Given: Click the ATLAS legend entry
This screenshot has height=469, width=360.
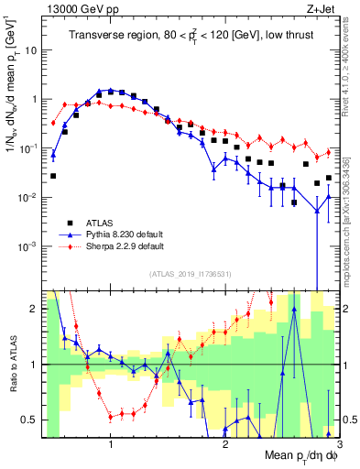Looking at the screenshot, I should (100, 223).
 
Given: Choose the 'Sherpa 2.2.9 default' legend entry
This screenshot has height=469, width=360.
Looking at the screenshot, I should (124, 246).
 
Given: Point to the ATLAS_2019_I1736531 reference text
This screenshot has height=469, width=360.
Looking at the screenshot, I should (190, 274).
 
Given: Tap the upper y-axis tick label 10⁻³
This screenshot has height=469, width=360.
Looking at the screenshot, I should (29, 247).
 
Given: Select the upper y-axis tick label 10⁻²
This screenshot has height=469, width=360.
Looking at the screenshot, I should (29, 198).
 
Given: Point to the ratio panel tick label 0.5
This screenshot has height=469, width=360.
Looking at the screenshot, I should (29, 420).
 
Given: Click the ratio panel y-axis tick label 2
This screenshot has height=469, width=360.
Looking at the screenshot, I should (34, 310).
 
